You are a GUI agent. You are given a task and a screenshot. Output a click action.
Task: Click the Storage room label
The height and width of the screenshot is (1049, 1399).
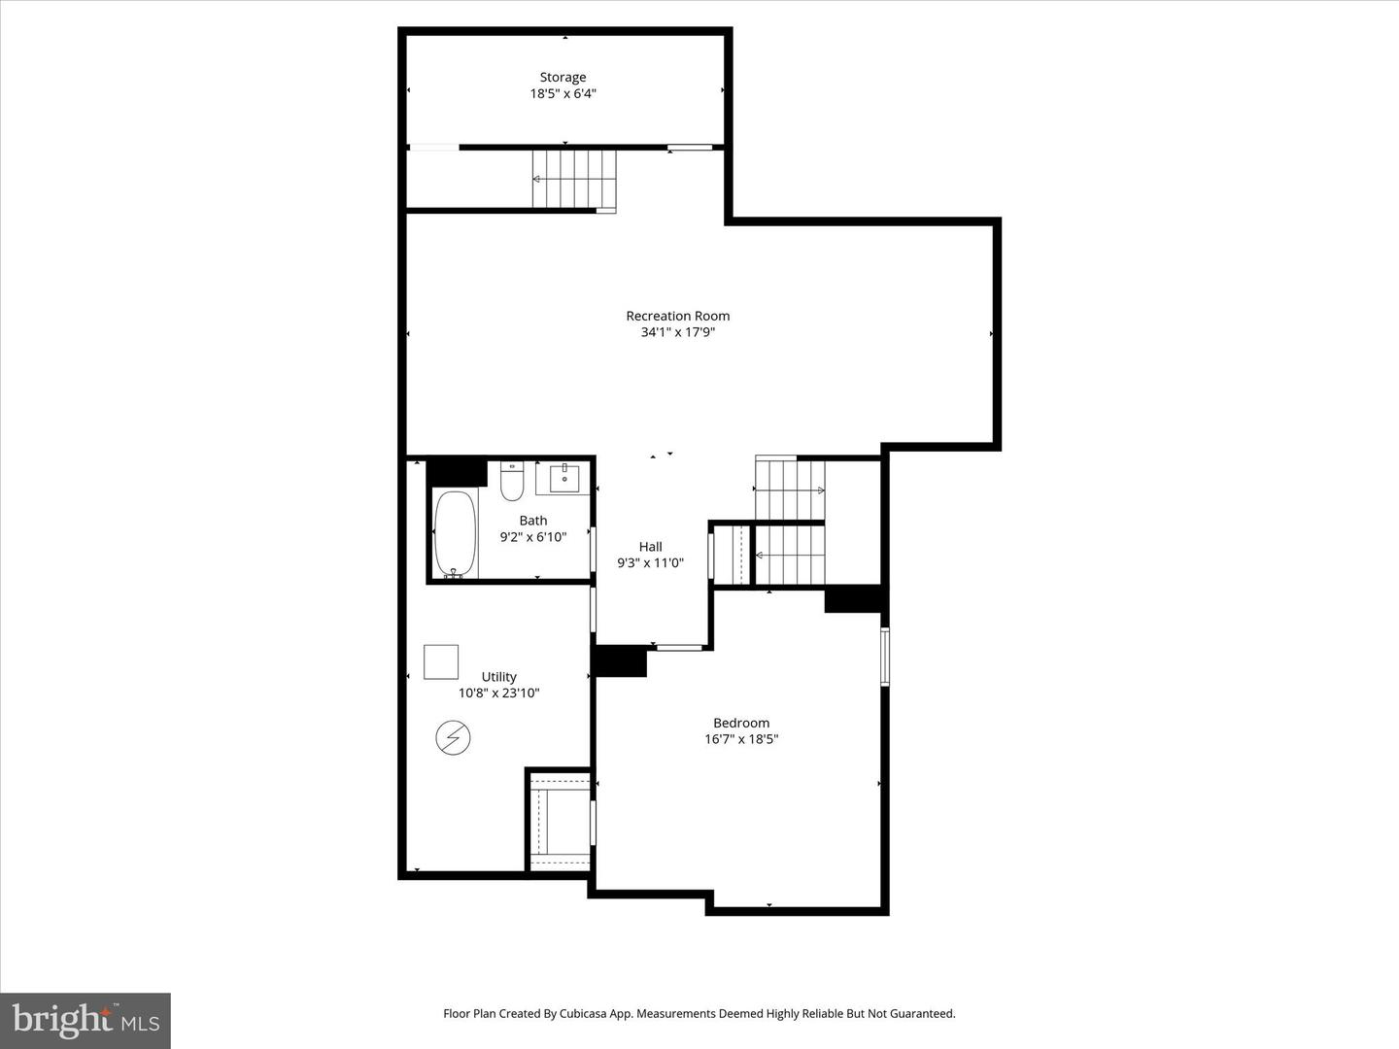tap(563, 77)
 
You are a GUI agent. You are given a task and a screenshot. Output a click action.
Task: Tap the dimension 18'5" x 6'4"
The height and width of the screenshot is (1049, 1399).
tap(563, 94)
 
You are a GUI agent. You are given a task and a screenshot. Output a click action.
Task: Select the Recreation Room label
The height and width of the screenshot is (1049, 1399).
tap(677, 316)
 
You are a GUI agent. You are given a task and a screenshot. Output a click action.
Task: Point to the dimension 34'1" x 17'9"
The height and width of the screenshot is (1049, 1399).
tap(677, 332)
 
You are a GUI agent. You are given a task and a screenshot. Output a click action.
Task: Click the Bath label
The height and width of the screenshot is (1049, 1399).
tap(532, 521)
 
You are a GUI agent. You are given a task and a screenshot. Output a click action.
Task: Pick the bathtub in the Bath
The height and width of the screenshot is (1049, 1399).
tap(455, 534)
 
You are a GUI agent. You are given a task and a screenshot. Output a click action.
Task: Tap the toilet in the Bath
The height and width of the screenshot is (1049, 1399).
tap(512, 481)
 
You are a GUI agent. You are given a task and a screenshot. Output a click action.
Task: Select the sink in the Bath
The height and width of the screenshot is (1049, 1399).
tap(563, 478)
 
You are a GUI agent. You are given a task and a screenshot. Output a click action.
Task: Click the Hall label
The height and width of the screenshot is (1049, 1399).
tap(650, 547)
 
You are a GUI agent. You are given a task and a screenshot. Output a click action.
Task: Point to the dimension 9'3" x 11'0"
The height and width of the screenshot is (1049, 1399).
tap(650, 563)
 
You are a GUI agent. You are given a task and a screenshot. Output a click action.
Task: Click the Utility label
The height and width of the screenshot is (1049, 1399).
tap(498, 677)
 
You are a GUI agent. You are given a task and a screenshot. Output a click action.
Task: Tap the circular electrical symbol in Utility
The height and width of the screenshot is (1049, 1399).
tap(453, 738)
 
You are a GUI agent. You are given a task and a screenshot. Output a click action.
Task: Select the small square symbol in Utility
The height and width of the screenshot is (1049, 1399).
tap(441, 661)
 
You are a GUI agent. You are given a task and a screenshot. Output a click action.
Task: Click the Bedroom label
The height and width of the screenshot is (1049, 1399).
tap(741, 723)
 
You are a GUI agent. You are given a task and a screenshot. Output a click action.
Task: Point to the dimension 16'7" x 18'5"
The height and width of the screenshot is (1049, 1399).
tap(741, 739)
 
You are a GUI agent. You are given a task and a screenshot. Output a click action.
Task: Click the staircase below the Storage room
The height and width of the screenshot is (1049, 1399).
tap(574, 179)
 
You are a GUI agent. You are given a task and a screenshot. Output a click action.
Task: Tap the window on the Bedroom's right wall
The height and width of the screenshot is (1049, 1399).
tap(884, 658)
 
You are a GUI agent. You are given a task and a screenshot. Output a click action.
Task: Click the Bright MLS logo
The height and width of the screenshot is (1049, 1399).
tap(85, 1020)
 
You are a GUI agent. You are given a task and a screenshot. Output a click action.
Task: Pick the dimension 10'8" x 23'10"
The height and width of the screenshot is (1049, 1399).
tap(498, 694)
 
